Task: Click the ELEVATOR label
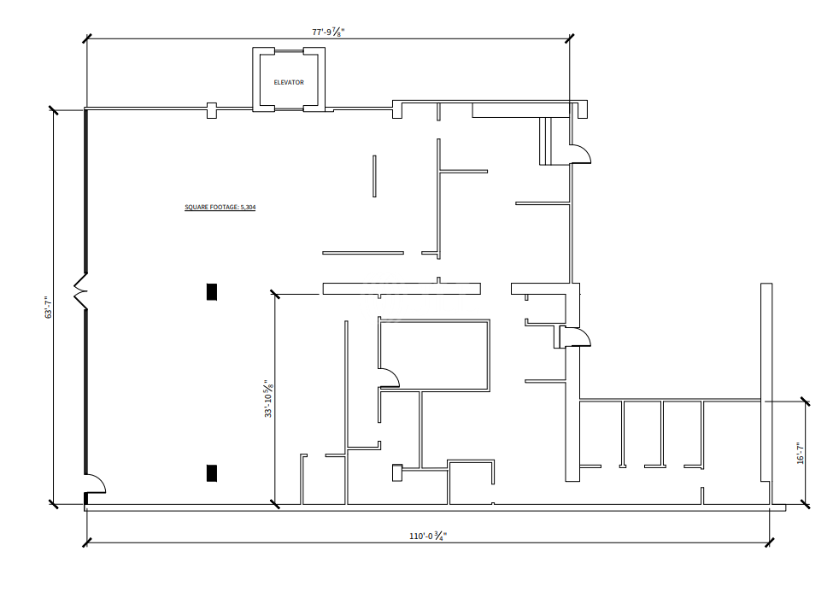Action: point(289,82)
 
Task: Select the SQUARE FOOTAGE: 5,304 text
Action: point(220,207)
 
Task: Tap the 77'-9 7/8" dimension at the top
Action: point(328,32)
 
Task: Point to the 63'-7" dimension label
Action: point(49,307)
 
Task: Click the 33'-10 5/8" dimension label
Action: point(268,398)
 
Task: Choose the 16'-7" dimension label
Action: point(801,453)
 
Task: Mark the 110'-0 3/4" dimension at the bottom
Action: point(428,536)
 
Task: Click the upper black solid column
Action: point(212,291)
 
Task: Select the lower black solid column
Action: point(212,472)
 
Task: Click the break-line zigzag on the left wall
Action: point(80,291)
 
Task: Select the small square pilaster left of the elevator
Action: point(212,110)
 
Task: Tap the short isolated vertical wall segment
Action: point(374,176)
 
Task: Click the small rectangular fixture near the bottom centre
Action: point(397,472)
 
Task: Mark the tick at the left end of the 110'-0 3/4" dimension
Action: point(86,542)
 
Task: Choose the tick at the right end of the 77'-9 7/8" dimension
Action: point(569,38)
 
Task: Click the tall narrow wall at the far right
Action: point(766,393)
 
